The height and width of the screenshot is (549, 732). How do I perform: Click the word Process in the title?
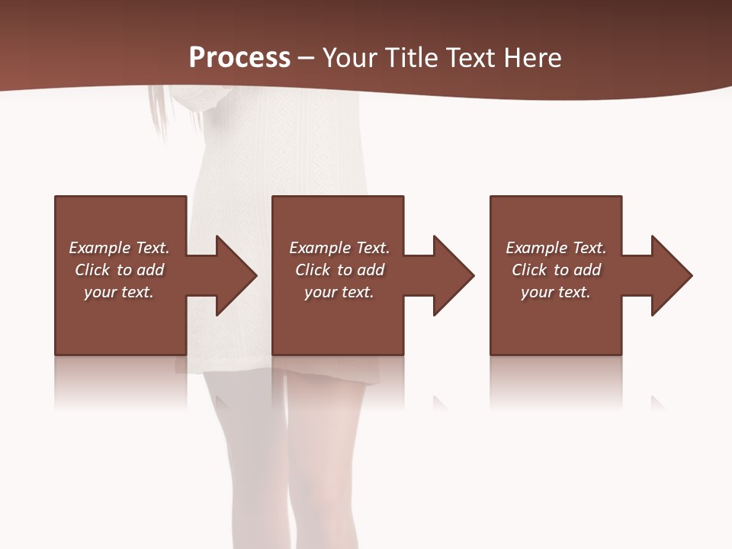coord(239,58)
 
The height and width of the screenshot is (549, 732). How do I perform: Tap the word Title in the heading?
coord(409,58)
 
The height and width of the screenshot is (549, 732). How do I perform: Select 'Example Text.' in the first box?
coord(119,248)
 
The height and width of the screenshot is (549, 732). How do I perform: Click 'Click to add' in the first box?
coord(119,270)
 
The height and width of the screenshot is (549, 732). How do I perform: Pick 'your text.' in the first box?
coord(119,292)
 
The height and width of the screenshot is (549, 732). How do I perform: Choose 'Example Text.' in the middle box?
coord(339,248)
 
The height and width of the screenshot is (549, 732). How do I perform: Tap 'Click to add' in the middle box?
coord(339,270)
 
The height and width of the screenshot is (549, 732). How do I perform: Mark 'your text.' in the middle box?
coord(339,292)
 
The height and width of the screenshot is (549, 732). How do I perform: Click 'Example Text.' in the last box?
coord(556,248)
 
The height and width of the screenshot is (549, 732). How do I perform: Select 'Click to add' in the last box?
coord(556,270)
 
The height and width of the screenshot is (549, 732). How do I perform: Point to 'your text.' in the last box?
coord(556,292)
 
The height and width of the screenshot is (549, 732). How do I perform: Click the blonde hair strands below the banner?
coord(158,111)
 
